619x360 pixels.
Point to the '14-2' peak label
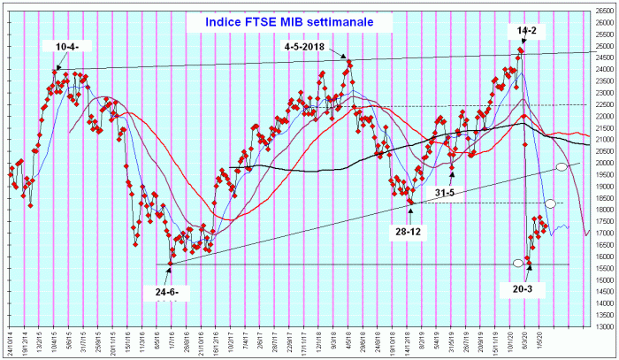click(x=526, y=29)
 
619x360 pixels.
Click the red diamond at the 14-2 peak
click(x=521, y=50)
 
